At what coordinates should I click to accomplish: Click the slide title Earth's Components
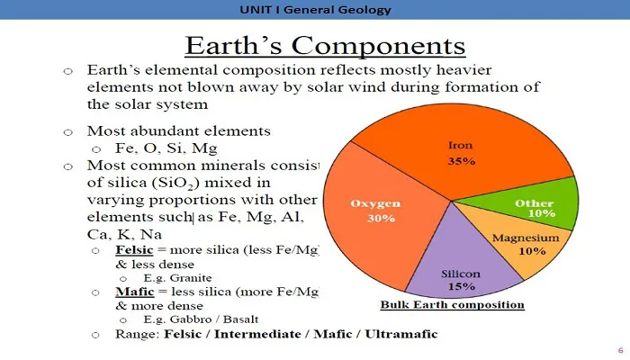325,45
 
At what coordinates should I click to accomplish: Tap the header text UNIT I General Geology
315,10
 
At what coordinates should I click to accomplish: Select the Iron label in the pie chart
461,145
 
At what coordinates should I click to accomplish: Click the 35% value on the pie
462,161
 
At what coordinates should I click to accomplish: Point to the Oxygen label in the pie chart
375,203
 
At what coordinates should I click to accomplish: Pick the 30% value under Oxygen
381,218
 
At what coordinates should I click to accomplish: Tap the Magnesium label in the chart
526,238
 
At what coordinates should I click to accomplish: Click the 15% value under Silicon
462,286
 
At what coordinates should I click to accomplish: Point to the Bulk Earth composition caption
453,304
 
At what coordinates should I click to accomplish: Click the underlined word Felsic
134,250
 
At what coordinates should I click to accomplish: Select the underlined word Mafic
135,292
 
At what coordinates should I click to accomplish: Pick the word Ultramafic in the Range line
401,334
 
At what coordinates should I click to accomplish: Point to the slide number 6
620,350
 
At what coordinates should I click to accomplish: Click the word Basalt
240,319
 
